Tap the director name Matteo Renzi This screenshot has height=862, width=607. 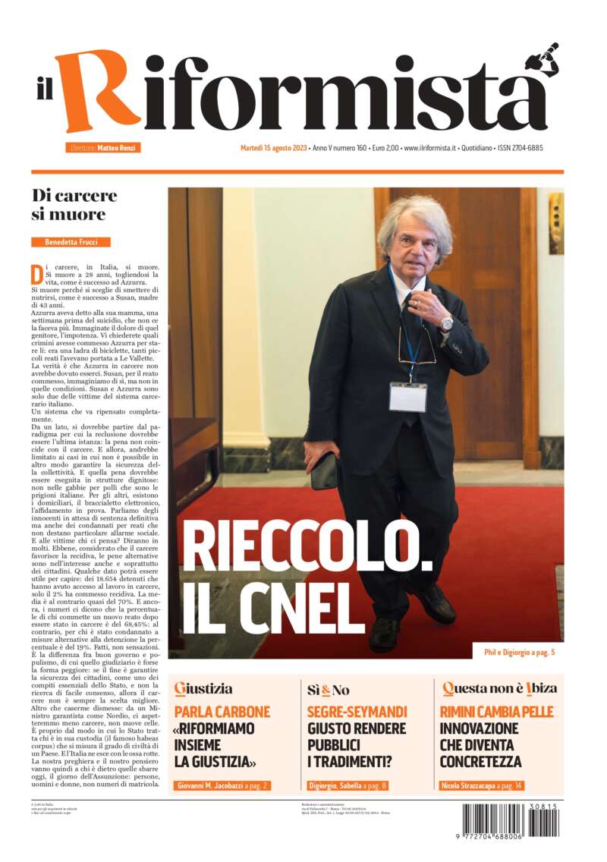point(118,148)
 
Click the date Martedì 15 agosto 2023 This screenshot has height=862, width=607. point(273,148)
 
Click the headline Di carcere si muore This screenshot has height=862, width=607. point(74,205)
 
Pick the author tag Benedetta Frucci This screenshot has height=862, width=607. point(71,242)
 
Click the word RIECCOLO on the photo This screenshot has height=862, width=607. point(307,552)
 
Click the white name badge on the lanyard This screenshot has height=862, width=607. point(407,396)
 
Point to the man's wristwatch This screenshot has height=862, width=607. point(446,323)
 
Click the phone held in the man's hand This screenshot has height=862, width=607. point(325,471)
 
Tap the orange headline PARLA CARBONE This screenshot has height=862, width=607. point(222,712)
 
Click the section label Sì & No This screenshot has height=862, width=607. point(328,691)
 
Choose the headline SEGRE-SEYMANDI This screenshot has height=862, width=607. point(357,712)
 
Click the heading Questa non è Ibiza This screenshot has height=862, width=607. point(499,689)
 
